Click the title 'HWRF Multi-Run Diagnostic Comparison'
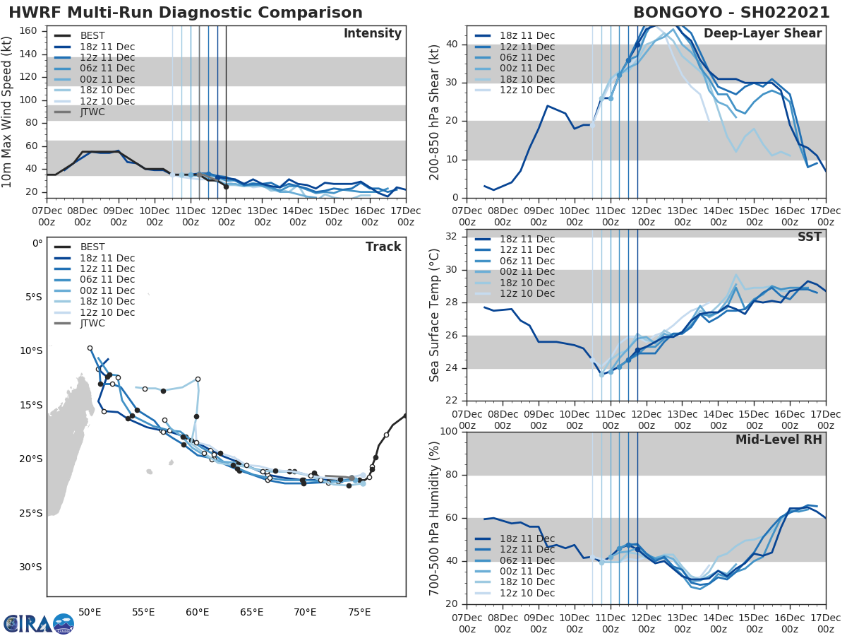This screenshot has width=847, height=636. (186, 13)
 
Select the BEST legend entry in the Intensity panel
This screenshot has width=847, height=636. (92, 35)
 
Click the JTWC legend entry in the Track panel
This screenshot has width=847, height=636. (92, 323)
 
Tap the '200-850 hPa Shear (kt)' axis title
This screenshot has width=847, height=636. (435, 112)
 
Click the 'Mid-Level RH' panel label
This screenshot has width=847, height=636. (779, 440)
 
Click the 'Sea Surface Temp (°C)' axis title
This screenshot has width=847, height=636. (435, 314)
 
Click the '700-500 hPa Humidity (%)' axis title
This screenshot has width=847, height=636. (435, 517)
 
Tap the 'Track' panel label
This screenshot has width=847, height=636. (383, 247)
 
